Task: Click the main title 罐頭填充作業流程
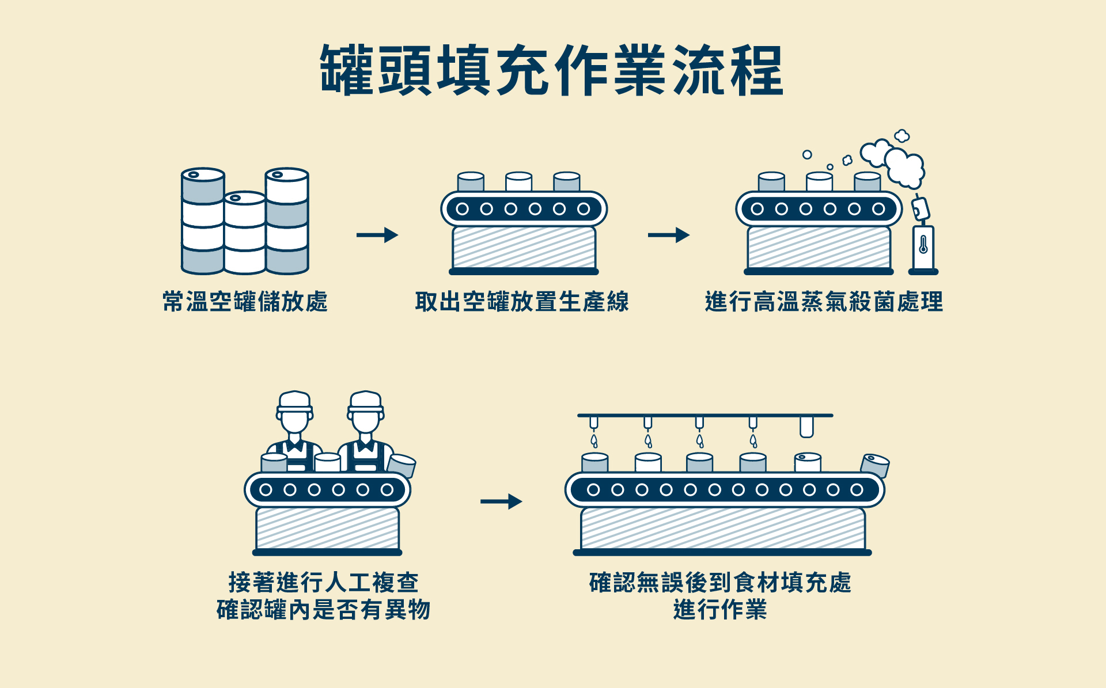pyautogui.click(x=552, y=70)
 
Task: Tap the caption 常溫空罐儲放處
pyautogui.click(x=245, y=302)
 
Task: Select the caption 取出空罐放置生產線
pyautogui.click(x=522, y=302)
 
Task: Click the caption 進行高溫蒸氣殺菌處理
pyautogui.click(x=824, y=302)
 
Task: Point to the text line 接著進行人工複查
pyautogui.click(x=323, y=582)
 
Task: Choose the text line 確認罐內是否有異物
pyautogui.click(x=323, y=610)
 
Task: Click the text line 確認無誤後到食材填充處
pyautogui.click(x=720, y=582)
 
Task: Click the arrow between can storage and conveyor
pyautogui.click(x=377, y=235)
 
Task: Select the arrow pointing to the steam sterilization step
pyautogui.click(x=669, y=235)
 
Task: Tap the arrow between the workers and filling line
pyautogui.click(x=501, y=501)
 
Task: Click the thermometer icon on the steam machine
pyautogui.click(x=923, y=245)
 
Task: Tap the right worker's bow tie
pyautogui.click(x=365, y=446)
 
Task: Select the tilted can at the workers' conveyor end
pyautogui.click(x=402, y=465)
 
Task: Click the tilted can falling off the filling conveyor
pyautogui.click(x=875, y=465)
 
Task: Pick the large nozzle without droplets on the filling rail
pyautogui.click(x=806, y=427)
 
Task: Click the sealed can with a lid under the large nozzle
pyautogui.click(x=808, y=463)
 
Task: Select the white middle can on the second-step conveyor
pyautogui.click(x=518, y=182)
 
